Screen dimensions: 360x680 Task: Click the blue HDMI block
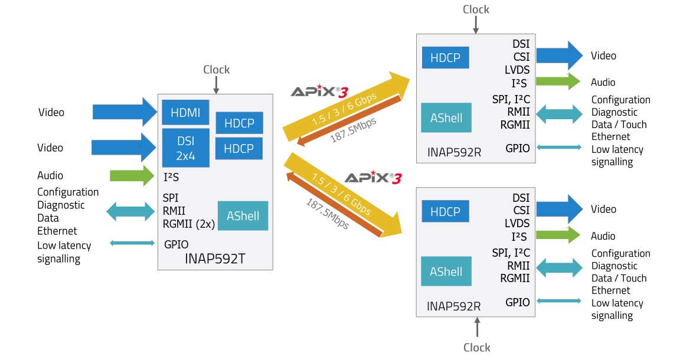pyautogui.click(x=185, y=112)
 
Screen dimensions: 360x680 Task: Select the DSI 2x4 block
pyautogui.click(x=185, y=148)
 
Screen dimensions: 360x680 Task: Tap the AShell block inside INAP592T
pyautogui.click(x=243, y=216)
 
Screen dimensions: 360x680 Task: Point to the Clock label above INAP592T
pyautogui.click(x=216, y=70)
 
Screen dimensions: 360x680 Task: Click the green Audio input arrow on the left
pyautogui.click(x=132, y=175)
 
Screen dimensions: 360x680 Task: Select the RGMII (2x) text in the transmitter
pyautogui.click(x=188, y=224)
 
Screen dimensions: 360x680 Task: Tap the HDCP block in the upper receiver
pyautogui.click(x=445, y=58)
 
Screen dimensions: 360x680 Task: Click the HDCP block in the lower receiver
pyautogui.click(x=445, y=211)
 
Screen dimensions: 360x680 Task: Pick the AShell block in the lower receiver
pyautogui.click(x=446, y=271)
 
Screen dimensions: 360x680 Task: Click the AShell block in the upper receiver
pyautogui.click(x=446, y=118)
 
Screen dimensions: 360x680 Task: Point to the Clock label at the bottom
pyautogui.click(x=476, y=347)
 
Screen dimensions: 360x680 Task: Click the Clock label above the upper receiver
pyautogui.click(x=476, y=9)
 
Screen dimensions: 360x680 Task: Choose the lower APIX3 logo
pyautogui.click(x=372, y=178)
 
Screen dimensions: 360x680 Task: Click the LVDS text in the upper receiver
pyautogui.click(x=517, y=70)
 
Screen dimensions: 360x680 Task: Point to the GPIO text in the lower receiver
pyautogui.click(x=518, y=302)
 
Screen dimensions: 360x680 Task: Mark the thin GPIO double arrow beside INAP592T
pyautogui.click(x=132, y=243)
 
